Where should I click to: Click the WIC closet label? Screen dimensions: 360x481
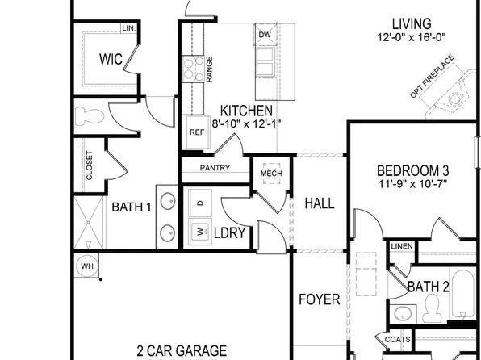pyautogui.click(x=111, y=59)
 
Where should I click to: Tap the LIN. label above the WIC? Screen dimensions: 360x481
pyautogui.click(x=128, y=28)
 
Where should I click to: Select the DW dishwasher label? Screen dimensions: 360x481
pyautogui.click(x=265, y=35)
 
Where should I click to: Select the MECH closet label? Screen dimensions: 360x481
pyautogui.click(x=269, y=173)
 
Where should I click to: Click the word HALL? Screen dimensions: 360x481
pyautogui.click(x=320, y=203)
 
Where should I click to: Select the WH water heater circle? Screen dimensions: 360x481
pyautogui.click(x=86, y=265)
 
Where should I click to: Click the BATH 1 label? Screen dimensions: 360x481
pyautogui.click(x=132, y=207)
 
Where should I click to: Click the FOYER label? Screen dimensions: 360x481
pyautogui.click(x=320, y=300)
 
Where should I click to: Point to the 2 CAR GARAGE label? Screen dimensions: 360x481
pyautogui.click(x=182, y=351)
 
